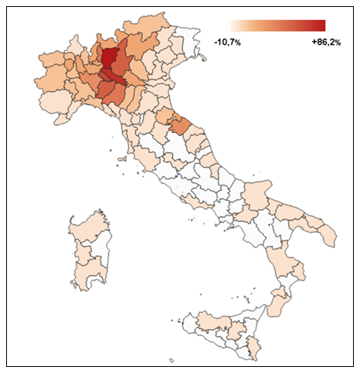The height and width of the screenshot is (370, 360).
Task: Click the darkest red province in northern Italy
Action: tap(110, 58)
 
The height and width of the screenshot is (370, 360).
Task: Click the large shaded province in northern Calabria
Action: tap(285, 260)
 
